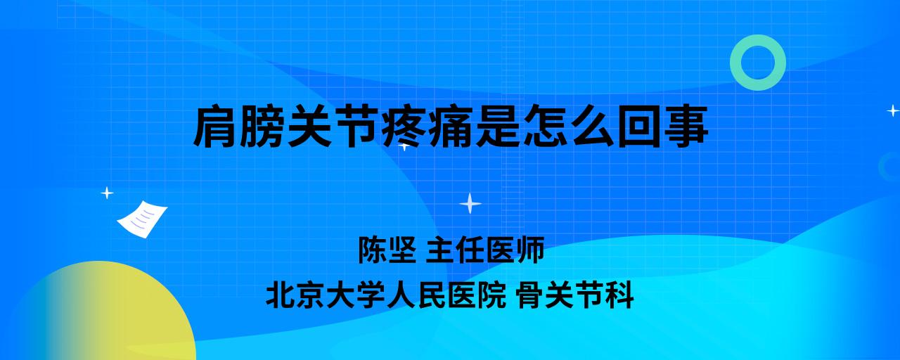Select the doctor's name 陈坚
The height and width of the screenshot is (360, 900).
click(x=387, y=250)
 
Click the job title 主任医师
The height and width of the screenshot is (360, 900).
click(x=485, y=250)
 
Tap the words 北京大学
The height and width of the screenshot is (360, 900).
click(x=326, y=295)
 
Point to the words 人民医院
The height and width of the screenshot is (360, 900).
click(x=446, y=295)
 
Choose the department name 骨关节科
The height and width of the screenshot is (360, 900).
click(x=575, y=295)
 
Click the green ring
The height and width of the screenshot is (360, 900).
click(x=735, y=63)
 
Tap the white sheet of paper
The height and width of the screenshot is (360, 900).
click(x=142, y=219)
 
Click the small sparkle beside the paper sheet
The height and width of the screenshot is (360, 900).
click(x=107, y=193)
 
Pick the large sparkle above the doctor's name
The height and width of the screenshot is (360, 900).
click(x=470, y=203)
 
